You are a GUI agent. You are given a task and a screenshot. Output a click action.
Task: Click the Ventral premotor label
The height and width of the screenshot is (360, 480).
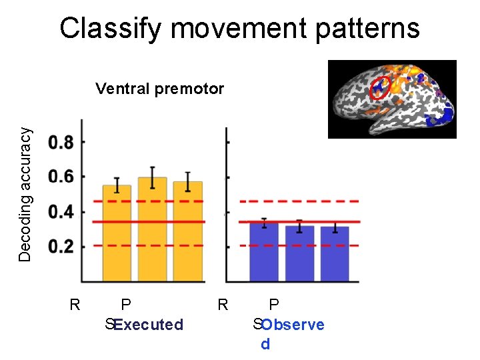[159, 89]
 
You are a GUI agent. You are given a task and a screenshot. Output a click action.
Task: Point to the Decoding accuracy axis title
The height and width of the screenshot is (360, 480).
[25, 194]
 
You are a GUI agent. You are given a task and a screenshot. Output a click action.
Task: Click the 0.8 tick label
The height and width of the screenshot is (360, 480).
[61, 142]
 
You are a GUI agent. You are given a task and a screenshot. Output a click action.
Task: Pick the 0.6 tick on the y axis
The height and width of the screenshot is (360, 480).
[61, 177]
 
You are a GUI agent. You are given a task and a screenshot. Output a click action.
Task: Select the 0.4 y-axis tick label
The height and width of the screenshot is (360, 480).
[61, 212]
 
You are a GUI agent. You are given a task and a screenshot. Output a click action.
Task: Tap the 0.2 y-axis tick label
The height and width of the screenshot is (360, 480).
[61, 247]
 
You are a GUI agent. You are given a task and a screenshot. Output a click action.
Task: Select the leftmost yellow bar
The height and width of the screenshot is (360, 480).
[117, 233]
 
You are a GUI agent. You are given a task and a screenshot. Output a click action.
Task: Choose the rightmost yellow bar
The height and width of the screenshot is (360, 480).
[188, 231]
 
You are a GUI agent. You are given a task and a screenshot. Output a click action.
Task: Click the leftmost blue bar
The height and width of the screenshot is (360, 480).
[264, 252]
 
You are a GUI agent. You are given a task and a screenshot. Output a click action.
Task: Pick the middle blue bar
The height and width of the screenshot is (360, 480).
[299, 254]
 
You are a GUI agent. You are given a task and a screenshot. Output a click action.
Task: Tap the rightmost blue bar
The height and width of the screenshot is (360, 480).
[335, 254]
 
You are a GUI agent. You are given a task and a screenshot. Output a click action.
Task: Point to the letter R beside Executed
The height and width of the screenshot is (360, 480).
[75, 305]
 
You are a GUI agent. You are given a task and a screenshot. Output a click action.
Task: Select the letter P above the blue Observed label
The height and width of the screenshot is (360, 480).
[273, 305]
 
